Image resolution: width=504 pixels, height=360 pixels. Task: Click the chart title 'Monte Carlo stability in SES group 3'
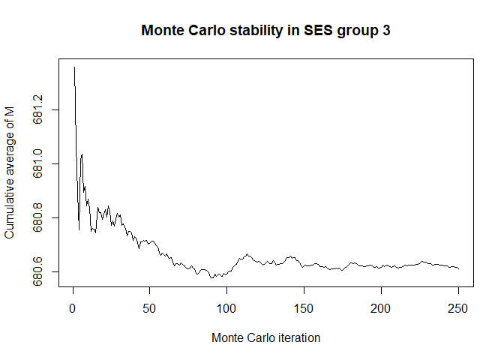265,32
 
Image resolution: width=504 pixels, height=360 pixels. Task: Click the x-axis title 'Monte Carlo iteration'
265,338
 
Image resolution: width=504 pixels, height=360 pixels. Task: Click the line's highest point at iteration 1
74,67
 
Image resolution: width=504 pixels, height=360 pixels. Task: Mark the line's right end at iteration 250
458,268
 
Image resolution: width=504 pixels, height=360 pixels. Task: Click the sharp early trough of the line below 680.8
79,229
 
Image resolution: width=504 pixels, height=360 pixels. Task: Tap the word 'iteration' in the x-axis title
297,338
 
